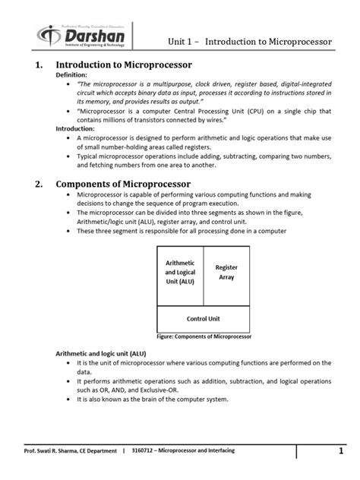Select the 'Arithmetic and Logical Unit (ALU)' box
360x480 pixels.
181,273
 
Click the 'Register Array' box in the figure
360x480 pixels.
227,273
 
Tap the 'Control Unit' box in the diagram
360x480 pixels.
204,318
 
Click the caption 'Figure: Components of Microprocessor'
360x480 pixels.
204,336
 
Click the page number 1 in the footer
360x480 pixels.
342,453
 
